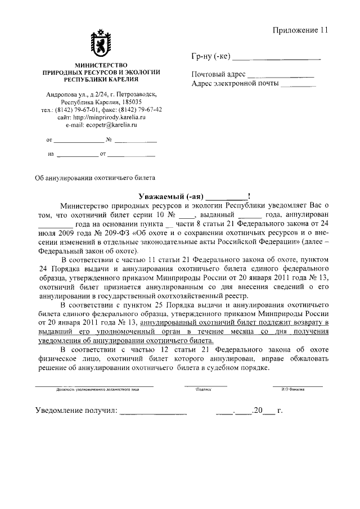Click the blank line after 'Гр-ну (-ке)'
[x=276, y=57]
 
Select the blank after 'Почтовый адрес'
[x=281, y=75]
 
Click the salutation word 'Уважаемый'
[x=163, y=196]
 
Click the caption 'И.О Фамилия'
[x=298, y=389]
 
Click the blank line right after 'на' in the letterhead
[x=77, y=153]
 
